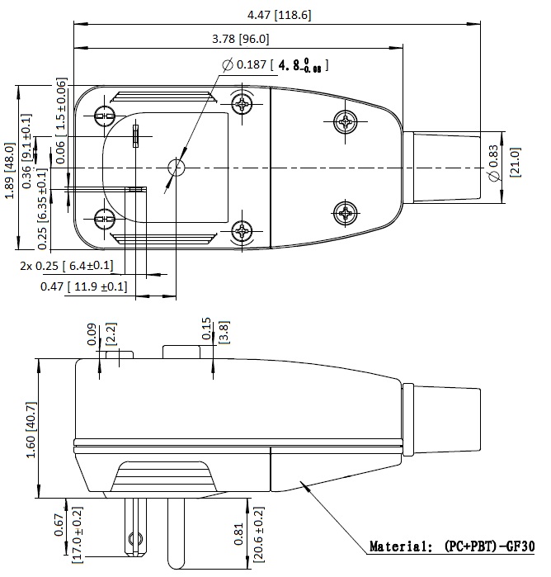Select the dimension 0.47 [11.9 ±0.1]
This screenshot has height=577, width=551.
point(83,286)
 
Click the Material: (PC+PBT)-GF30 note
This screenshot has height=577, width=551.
point(451,546)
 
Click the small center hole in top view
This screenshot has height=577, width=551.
point(176,168)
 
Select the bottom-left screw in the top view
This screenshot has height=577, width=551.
point(105,220)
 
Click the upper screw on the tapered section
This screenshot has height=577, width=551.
point(344,121)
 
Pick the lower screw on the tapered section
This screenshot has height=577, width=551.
point(344,214)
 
